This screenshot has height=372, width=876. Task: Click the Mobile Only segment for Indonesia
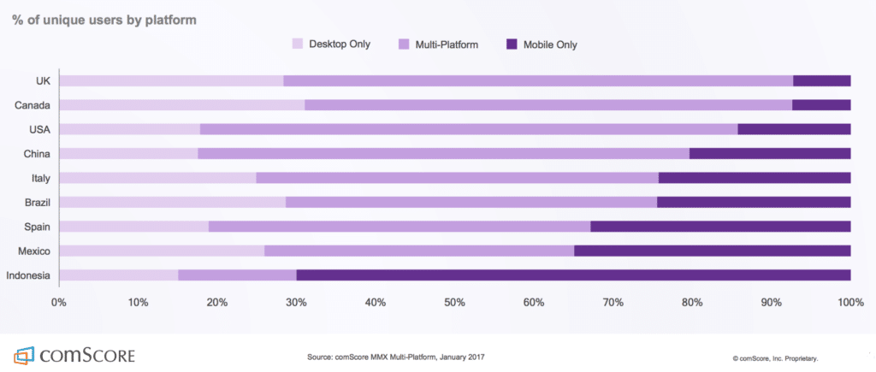[573, 275]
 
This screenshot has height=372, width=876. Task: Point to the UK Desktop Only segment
[171, 80]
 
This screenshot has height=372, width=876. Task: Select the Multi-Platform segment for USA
[469, 129]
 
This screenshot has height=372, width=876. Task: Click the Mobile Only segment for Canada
[821, 105]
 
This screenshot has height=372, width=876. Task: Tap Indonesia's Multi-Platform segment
[237, 275]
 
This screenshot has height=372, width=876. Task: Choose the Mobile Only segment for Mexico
[712, 251]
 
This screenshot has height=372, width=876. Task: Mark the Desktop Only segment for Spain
[133, 227]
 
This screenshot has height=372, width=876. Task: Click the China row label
[38, 154]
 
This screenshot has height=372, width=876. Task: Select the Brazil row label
[38, 203]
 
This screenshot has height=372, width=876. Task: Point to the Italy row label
[41, 178]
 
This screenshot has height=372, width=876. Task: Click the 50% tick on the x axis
[454, 303]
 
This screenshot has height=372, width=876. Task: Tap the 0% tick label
[59, 303]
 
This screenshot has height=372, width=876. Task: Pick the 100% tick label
[850, 303]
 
